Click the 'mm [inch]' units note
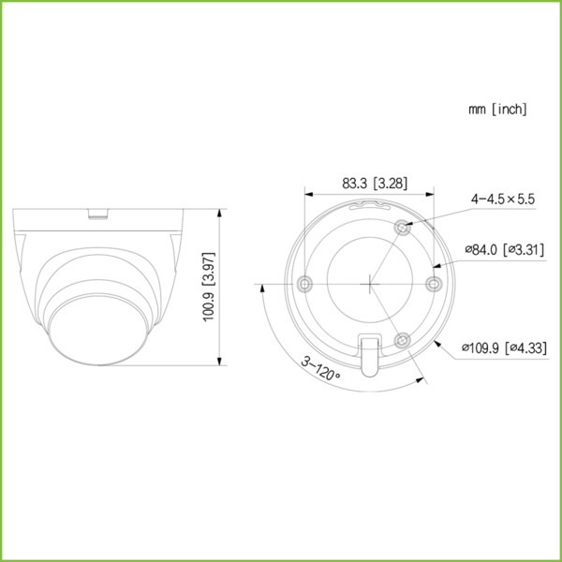497,110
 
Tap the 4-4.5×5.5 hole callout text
502,199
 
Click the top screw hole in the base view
402,226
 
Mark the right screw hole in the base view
433,283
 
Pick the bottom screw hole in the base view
402,339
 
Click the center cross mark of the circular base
371,283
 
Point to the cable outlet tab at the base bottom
371,354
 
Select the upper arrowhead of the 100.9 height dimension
220,214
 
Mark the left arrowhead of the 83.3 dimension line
311,195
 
